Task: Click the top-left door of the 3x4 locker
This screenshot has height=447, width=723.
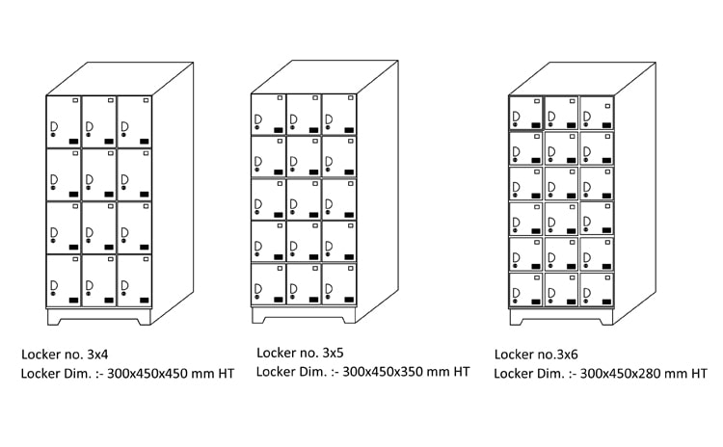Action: click(x=64, y=121)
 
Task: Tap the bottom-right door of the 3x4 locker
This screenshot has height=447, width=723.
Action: click(x=135, y=280)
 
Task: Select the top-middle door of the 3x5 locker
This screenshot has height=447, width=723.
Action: click(x=304, y=114)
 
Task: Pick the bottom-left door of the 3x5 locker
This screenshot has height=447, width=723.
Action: click(x=268, y=285)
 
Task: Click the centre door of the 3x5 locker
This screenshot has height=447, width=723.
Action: click(x=304, y=199)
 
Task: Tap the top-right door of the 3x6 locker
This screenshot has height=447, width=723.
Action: click(x=597, y=112)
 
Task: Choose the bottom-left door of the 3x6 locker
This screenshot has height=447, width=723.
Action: click(x=525, y=286)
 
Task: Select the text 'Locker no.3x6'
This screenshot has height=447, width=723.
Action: click(x=538, y=354)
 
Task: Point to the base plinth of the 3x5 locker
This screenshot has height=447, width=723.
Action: click(x=304, y=315)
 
